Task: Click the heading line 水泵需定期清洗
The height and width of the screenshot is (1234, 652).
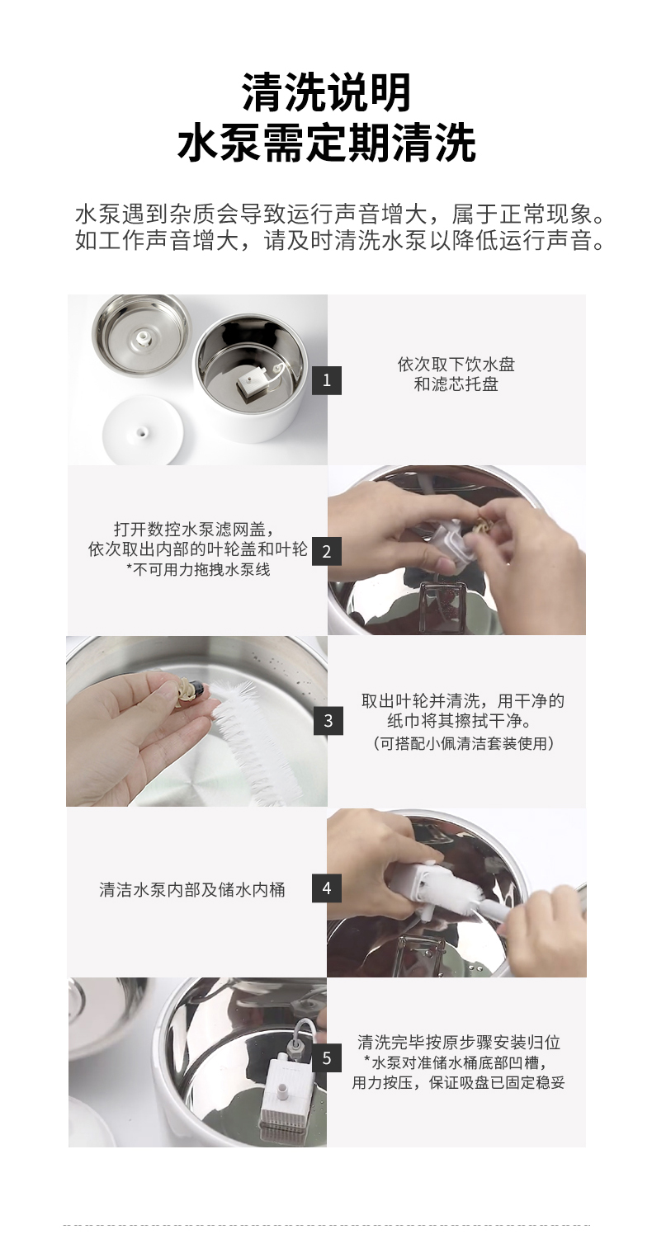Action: tap(326, 142)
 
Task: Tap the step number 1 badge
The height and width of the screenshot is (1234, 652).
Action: tap(326, 380)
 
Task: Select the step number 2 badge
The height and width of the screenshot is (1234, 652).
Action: tap(326, 551)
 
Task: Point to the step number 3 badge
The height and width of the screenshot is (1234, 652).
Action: tap(328, 721)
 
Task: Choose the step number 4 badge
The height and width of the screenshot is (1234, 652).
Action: tap(326, 888)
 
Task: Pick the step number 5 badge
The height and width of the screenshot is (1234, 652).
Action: tap(326, 1058)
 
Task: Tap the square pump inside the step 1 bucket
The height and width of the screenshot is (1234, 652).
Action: tap(253, 384)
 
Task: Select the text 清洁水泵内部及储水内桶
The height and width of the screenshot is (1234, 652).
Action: tap(192, 889)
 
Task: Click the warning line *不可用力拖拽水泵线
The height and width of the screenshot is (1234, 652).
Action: tap(198, 569)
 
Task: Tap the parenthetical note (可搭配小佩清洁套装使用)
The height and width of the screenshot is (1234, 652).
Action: tap(464, 743)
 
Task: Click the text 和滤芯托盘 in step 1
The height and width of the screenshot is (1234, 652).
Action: tap(456, 384)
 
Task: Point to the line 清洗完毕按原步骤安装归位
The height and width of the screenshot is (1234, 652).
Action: tap(459, 1043)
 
